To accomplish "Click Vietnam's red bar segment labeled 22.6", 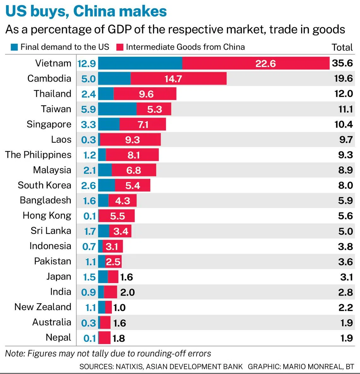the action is (x=256, y=63).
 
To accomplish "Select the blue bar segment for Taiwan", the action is (x=117, y=109).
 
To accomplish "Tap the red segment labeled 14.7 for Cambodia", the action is (x=178, y=78).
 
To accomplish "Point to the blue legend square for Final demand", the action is (x=14, y=47).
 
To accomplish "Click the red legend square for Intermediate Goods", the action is (x=120, y=47).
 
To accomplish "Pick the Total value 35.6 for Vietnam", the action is (x=342, y=63).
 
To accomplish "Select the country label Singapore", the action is (x=49, y=124).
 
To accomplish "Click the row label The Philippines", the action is (x=38, y=155).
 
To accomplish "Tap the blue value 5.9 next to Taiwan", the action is (x=88, y=109).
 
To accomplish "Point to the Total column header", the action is (x=342, y=47).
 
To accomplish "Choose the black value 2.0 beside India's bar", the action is (x=128, y=292).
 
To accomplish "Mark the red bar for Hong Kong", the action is (x=117, y=216).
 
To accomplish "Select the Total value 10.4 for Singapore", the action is (x=344, y=124).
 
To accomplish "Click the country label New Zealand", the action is (x=43, y=307).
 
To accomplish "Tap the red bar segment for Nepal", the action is (x=105, y=338).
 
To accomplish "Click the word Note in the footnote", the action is (x=15, y=353).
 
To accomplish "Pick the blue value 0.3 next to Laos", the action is (x=88, y=140).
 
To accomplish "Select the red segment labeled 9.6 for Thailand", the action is (x=145, y=94).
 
